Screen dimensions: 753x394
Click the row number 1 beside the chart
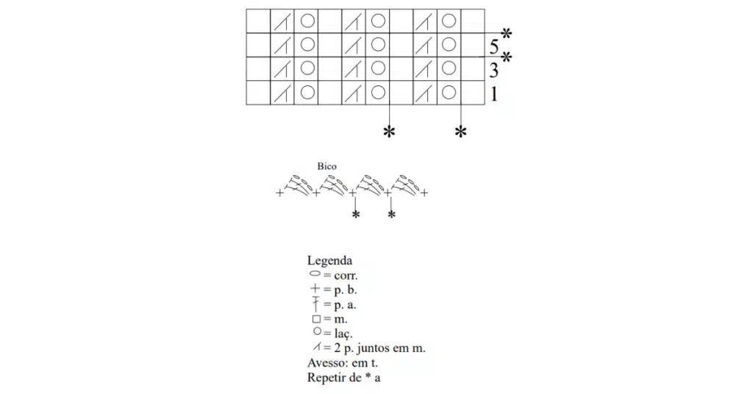(494, 94)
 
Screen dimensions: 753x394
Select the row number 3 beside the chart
(494, 71)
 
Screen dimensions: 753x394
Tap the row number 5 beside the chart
(494, 47)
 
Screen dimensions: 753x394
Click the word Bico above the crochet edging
(326, 166)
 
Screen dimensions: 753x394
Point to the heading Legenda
(329, 261)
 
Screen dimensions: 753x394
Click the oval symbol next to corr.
(315, 273)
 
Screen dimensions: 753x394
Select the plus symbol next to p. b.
(315, 288)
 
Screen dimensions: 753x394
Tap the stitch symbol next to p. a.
(315, 304)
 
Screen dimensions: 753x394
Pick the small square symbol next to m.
(316, 319)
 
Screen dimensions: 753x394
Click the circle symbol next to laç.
(317, 331)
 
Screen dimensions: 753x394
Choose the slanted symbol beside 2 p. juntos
(316, 346)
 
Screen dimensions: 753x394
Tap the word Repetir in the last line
(326, 378)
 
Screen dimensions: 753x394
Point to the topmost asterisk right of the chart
(506, 34)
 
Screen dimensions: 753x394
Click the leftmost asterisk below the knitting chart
(389, 132)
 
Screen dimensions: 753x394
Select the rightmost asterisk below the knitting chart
(460, 132)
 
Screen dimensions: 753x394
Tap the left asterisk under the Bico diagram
(355, 214)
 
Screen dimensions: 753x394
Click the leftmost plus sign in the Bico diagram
(279, 193)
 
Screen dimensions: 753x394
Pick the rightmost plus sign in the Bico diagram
(424, 193)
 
